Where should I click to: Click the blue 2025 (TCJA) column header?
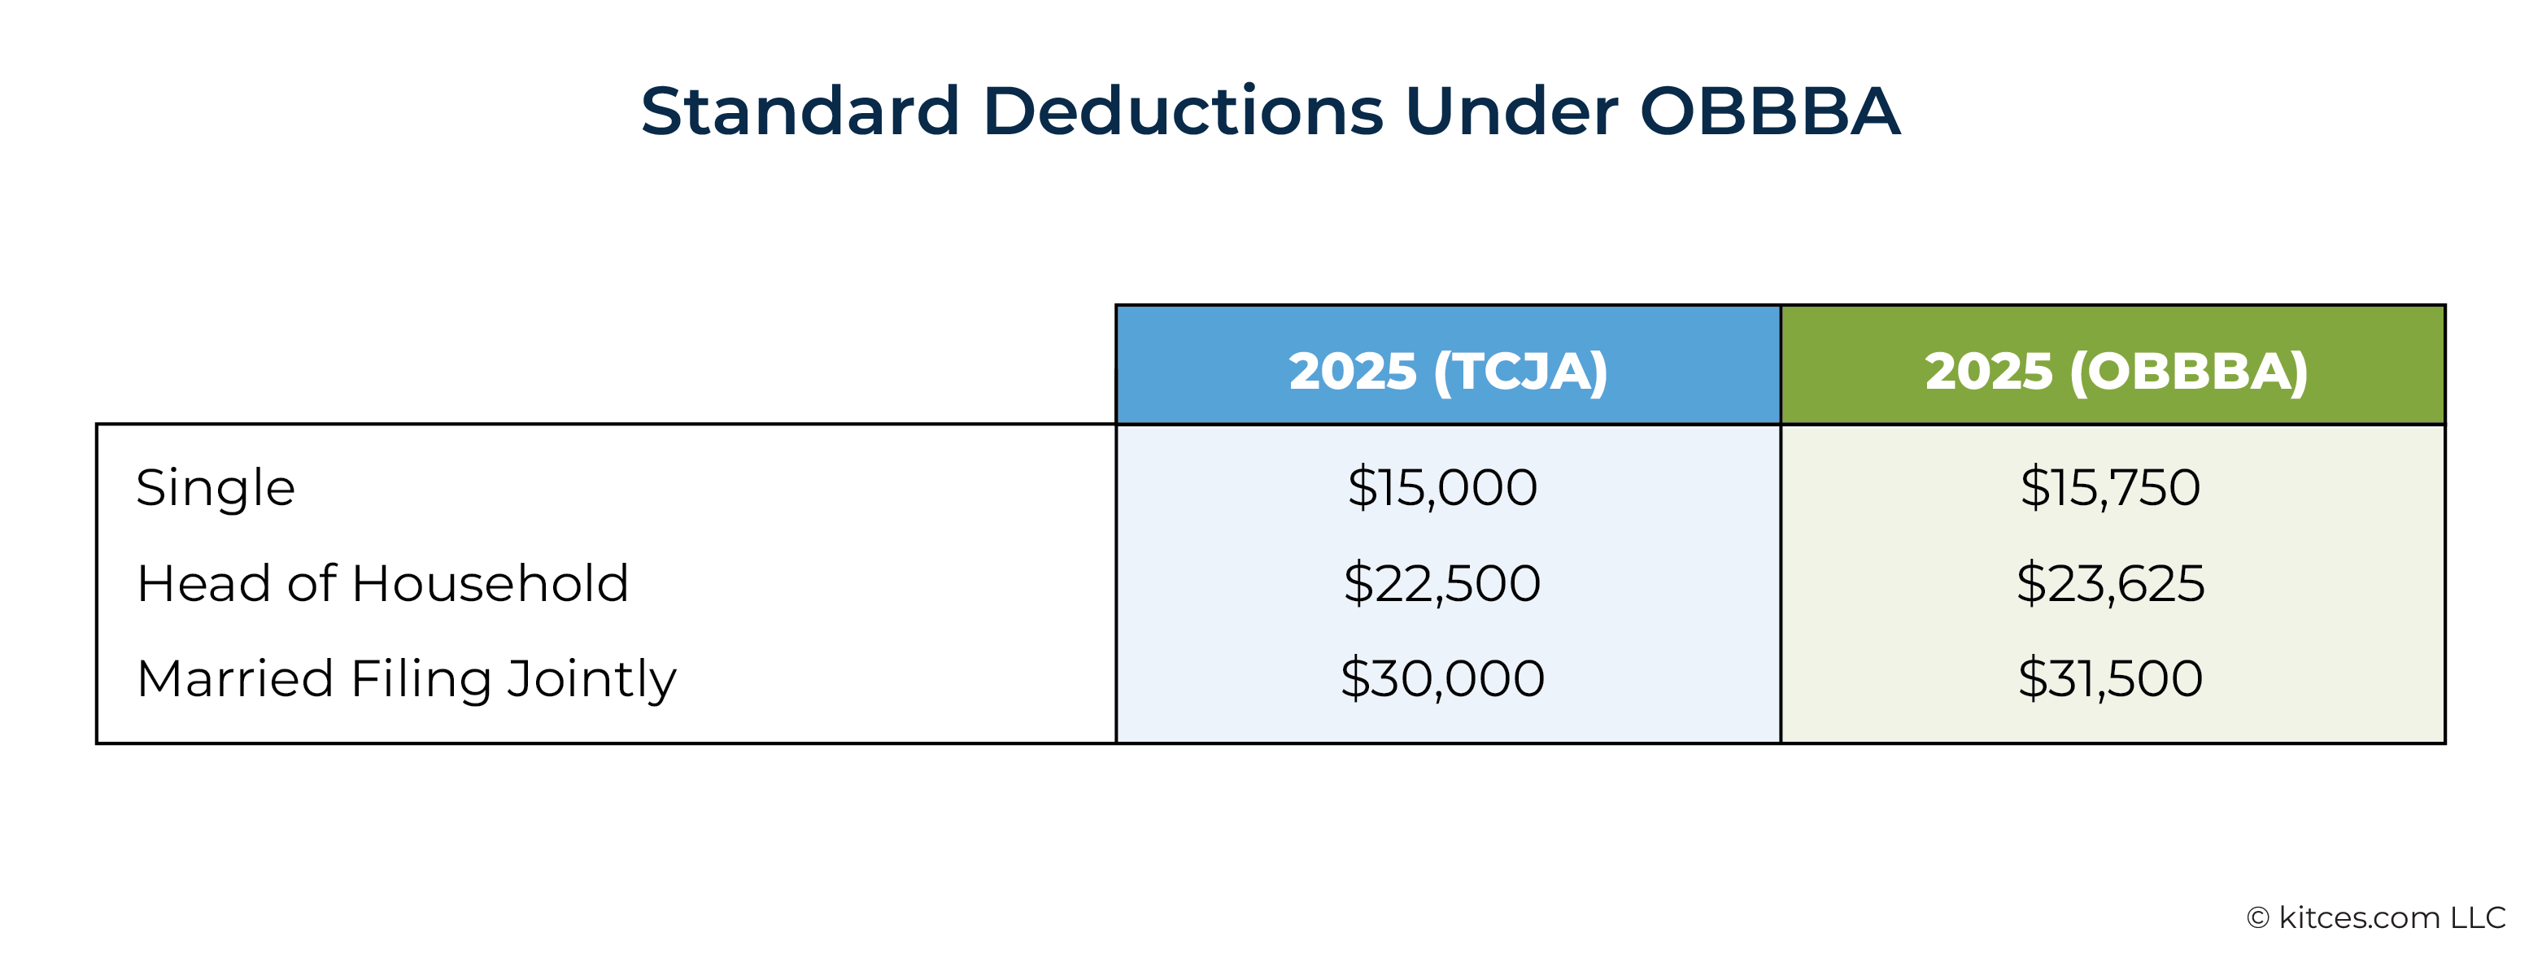1448,365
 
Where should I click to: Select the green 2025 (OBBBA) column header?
2113,365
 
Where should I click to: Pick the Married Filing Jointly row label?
407,680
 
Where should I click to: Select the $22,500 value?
1441,583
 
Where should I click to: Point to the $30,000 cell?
1441,679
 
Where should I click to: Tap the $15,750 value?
2110,487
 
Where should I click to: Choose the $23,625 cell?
2110,583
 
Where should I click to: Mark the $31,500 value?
2110,679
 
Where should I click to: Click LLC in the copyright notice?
2478,917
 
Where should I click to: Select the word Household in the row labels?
491,583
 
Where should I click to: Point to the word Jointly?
591,680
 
